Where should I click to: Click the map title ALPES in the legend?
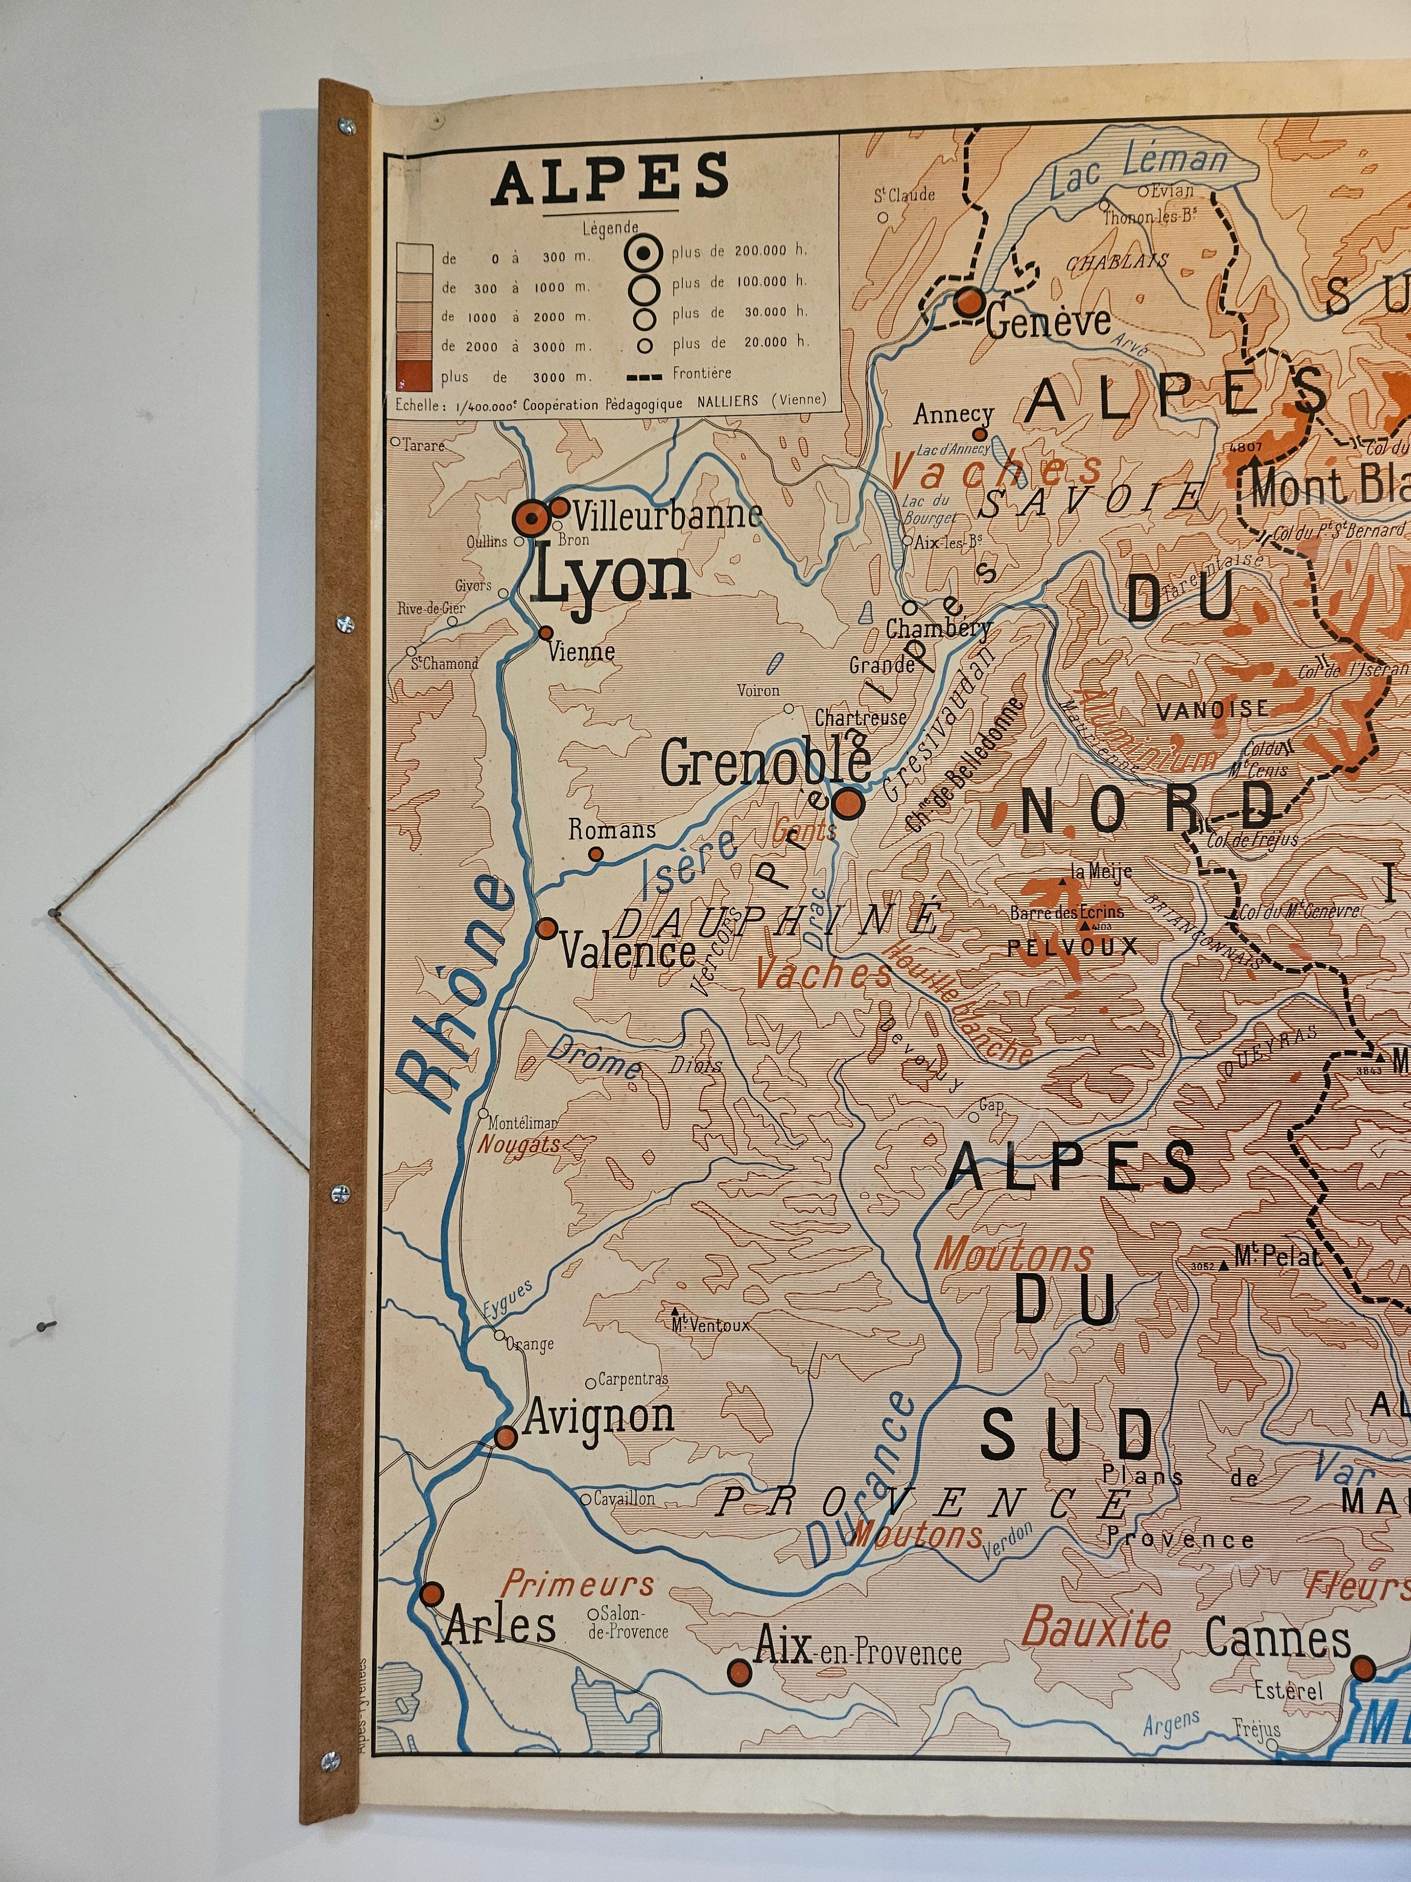coord(610,180)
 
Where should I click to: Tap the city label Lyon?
coord(610,578)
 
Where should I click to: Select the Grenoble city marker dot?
coord(848,802)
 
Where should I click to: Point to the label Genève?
coord(1049,322)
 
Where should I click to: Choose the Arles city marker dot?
coord(432,1594)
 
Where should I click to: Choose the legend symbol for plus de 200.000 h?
coord(646,251)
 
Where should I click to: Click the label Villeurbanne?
coord(667,516)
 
